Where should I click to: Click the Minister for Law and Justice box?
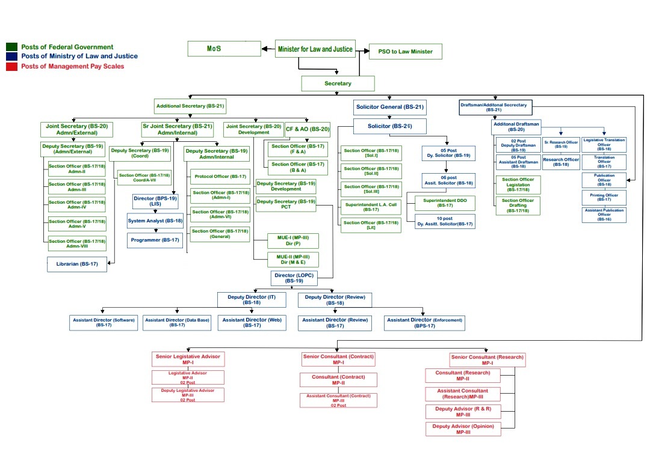pyautogui.click(x=315, y=49)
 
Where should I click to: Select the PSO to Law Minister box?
pyautogui.click(x=405, y=52)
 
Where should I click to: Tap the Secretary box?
pyautogui.click(x=338, y=84)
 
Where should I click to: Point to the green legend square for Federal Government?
pyautogui.click(x=11, y=47)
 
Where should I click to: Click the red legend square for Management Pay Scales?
pyautogui.click(x=11, y=66)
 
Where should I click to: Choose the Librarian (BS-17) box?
pyautogui.click(x=77, y=264)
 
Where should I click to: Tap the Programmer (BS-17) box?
pyautogui.click(x=155, y=240)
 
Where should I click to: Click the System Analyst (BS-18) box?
pyautogui.click(x=155, y=221)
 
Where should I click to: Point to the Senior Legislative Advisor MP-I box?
pyautogui.click(x=188, y=359)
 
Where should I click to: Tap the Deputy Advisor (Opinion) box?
pyautogui.click(x=463, y=429)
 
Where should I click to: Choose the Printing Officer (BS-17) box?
pyautogui.click(x=604, y=197)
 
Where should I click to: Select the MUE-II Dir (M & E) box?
pyautogui.click(x=293, y=260)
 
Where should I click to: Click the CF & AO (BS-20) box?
pyautogui.click(x=307, y=129)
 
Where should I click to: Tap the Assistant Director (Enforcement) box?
pyautogui.click(x=424, y=323)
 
